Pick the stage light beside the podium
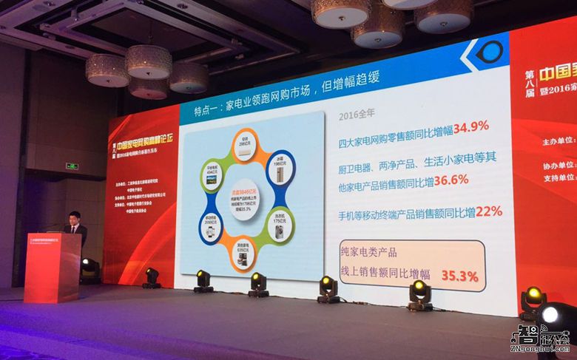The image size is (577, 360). pos(90,268)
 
